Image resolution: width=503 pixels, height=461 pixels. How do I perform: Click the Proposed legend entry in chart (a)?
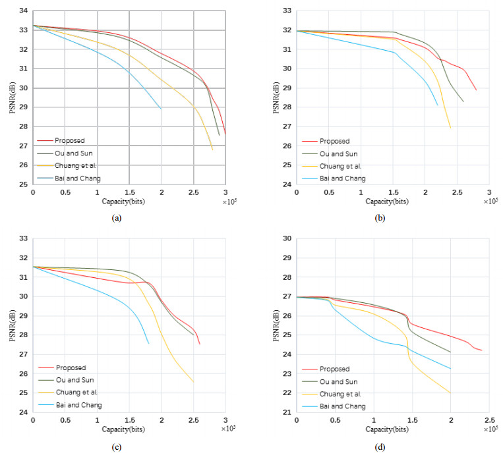click(70, 140)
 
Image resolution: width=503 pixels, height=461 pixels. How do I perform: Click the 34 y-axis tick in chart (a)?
click(23, 11)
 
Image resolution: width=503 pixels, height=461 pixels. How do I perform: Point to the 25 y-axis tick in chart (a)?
click(23, 184)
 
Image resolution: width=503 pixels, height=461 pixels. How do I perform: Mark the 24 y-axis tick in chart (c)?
click(23, 412)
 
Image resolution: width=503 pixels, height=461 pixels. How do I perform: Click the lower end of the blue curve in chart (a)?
click(161, 109)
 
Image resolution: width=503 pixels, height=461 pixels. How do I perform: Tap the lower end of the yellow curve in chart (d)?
click(451, 393)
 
